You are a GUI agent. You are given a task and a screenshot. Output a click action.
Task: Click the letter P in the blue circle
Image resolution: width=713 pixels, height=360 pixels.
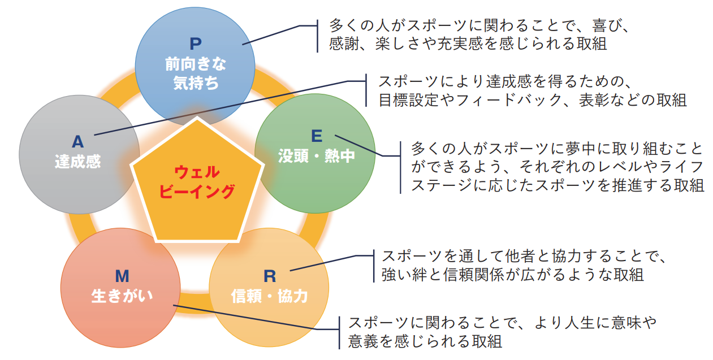[196, 44]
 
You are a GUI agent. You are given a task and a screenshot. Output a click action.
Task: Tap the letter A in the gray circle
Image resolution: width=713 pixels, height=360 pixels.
[77, 142]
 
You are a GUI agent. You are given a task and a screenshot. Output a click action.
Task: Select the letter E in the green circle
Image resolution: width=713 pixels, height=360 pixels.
[317, 136]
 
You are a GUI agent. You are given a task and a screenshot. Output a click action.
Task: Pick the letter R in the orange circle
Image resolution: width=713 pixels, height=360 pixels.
[270, 276]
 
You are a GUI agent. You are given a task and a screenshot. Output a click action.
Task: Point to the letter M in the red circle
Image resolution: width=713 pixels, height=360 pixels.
[122, 276]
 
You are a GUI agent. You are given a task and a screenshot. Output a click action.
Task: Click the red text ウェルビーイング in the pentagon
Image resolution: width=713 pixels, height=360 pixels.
[197, 181]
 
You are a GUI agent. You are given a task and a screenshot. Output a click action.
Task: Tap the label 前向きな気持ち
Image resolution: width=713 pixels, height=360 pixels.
[196, 73]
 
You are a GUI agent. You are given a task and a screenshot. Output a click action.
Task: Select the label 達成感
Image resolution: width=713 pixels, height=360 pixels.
[77, 161]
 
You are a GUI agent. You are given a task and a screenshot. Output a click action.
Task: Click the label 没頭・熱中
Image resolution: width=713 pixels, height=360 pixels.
[317, 156]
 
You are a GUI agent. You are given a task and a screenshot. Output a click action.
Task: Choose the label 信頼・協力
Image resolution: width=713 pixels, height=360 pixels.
[269, 296]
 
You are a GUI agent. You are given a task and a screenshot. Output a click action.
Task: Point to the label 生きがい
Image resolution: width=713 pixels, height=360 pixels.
[122, 296]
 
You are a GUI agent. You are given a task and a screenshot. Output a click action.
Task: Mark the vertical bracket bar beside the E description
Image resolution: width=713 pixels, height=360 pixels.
[400, 168]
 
